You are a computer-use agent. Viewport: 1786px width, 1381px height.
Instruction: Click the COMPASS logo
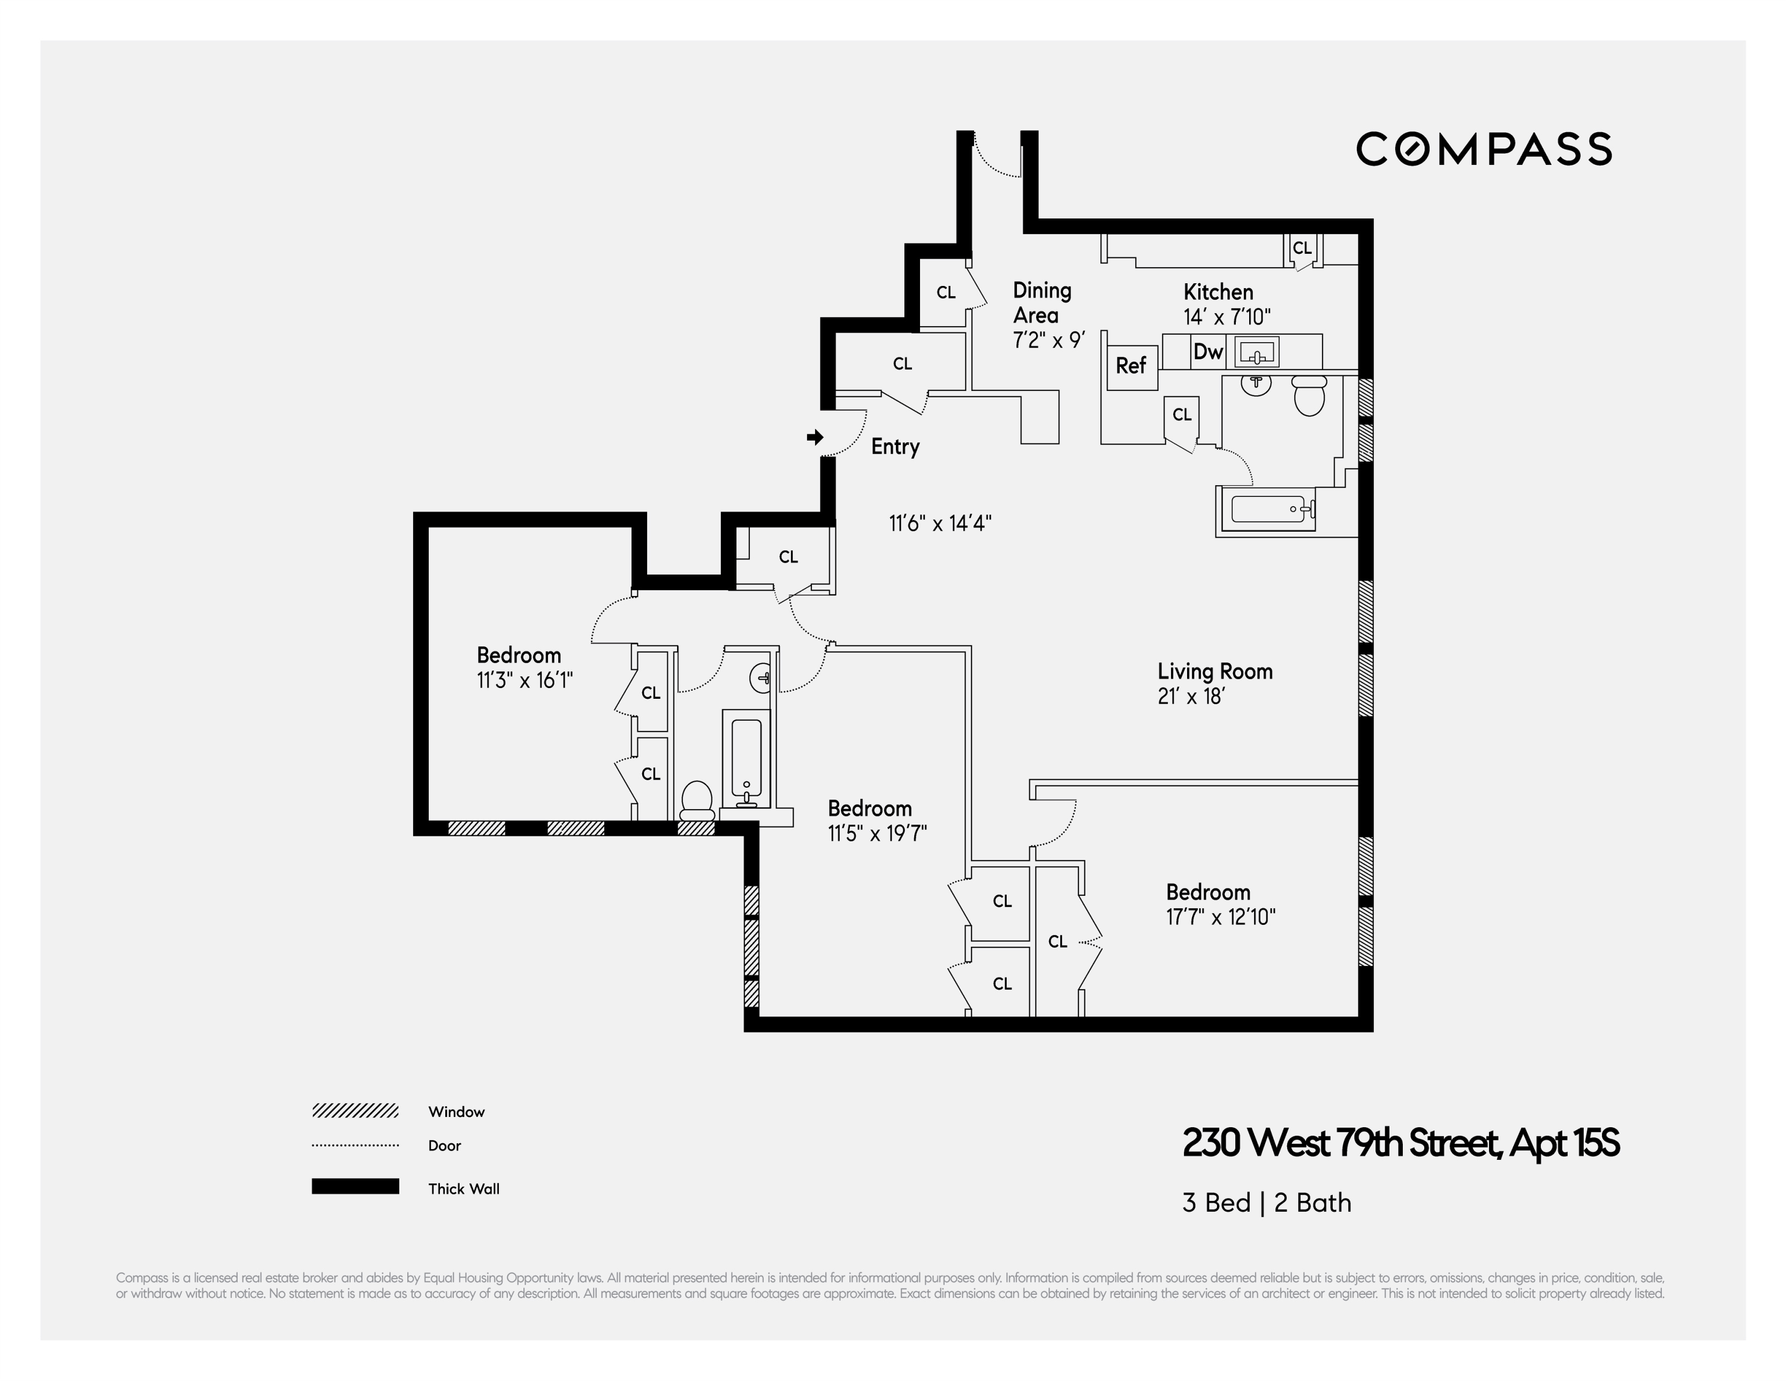tap(1484, 149)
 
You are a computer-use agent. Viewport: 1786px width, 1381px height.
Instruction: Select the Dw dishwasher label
tap(1208, 352)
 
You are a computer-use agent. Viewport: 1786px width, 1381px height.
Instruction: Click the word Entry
tap(895, 447)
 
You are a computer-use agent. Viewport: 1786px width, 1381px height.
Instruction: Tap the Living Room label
tap(1214, 671)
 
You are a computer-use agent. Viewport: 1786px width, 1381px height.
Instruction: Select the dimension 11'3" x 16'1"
tap(524, 681)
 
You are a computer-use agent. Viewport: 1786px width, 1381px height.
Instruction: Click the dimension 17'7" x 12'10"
tap(1220, 917)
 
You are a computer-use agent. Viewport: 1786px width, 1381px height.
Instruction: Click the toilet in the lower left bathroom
tap(697, 799)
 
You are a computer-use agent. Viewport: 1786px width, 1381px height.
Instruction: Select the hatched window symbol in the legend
tap(355, 1111)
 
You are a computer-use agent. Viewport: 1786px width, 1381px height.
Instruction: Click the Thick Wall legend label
tap(463, 1189)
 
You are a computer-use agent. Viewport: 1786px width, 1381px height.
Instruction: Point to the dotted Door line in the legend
tap(355, 1145)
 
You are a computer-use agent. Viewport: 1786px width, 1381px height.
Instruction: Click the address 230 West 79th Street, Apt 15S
tap(1400, 1143)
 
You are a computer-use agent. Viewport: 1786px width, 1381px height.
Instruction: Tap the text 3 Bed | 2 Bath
tap(1266, 1203)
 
